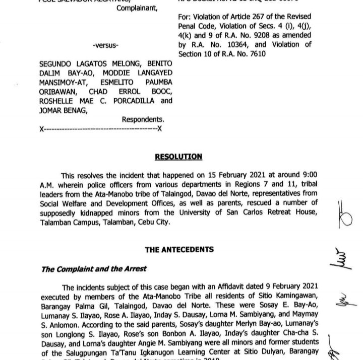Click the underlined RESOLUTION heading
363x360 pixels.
(x=178, y=157)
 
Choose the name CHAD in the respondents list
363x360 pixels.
(x=95, y=92)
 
